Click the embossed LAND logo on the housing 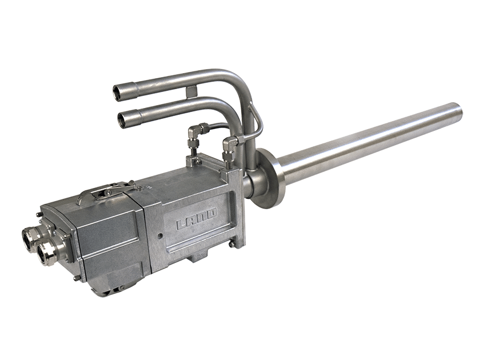tap(197, 218)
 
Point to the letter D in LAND tap(212, 213)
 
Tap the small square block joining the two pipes tap(191, 91)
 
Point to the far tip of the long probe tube tap(458, 110)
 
